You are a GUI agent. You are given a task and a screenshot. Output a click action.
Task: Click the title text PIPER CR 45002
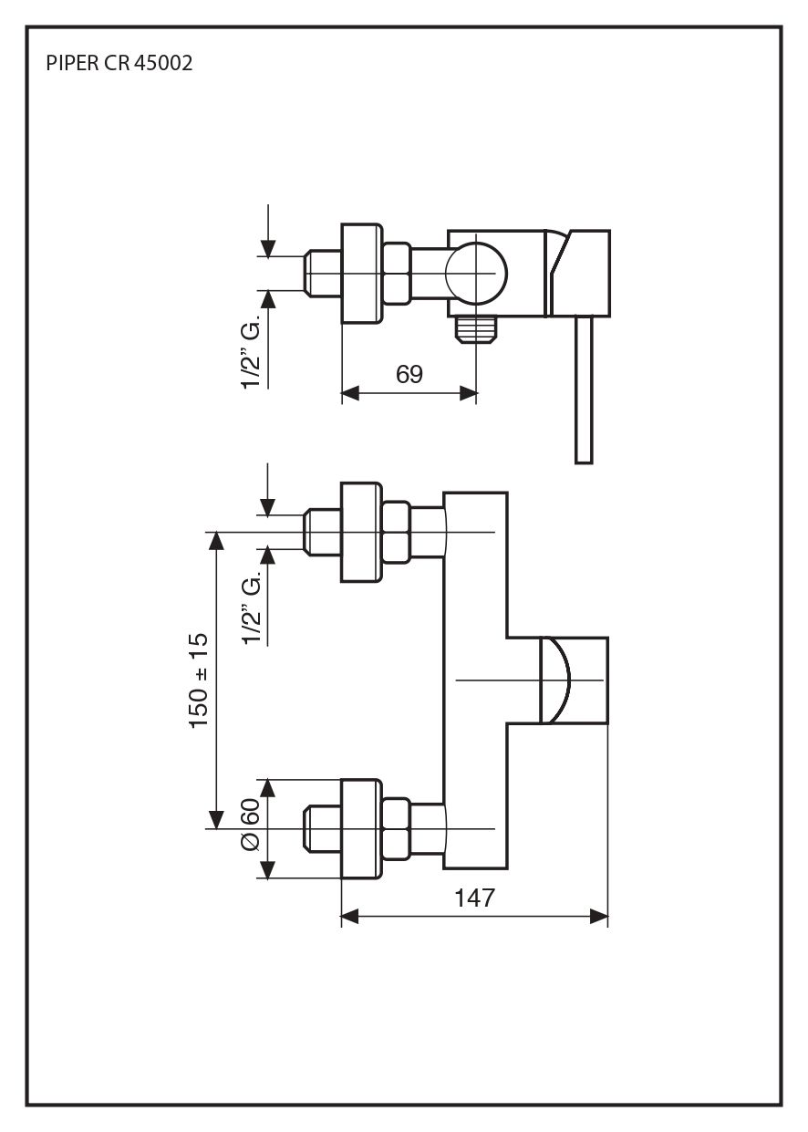point(119,64)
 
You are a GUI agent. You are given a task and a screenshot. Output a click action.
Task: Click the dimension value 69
point(409,374)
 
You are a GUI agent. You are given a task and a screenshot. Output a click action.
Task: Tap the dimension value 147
point(474,898)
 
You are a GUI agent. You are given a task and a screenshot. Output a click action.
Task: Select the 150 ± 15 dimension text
point(200,680)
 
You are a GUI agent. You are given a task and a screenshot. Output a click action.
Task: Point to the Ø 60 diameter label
point(251,826)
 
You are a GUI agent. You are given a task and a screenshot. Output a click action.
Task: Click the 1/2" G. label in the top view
point(252,351)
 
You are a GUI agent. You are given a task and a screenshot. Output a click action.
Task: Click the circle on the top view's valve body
point(475,273)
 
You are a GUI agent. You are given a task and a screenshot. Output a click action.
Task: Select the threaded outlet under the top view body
point(476,329)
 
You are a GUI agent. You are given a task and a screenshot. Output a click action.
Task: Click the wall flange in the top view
point(360,273)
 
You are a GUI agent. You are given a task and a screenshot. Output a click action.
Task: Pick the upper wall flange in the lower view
point(360,532)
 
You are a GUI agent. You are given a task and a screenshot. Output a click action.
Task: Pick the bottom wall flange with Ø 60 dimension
point(360,828)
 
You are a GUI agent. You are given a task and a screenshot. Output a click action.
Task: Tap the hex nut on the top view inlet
point(396,273)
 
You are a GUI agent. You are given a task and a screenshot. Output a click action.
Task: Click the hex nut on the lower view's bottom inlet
point(396,828)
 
